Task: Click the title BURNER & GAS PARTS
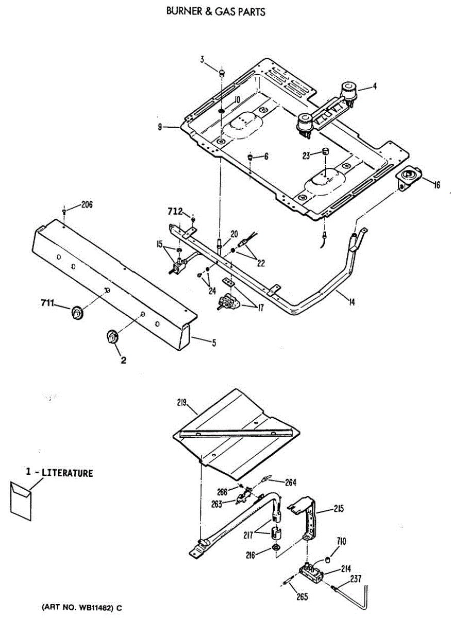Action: [x=216, y=11]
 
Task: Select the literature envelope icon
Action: [x=21, y=495]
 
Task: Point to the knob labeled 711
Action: [x=77, y=312]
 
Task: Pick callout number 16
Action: [x=437, y=185]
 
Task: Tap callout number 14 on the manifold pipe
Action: [x=351, y=302]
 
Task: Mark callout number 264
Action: [x=291, y=483]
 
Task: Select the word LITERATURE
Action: [x=67, y=473]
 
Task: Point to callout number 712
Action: [x=175, y=211]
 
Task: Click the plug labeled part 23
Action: [x=325, y=150]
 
